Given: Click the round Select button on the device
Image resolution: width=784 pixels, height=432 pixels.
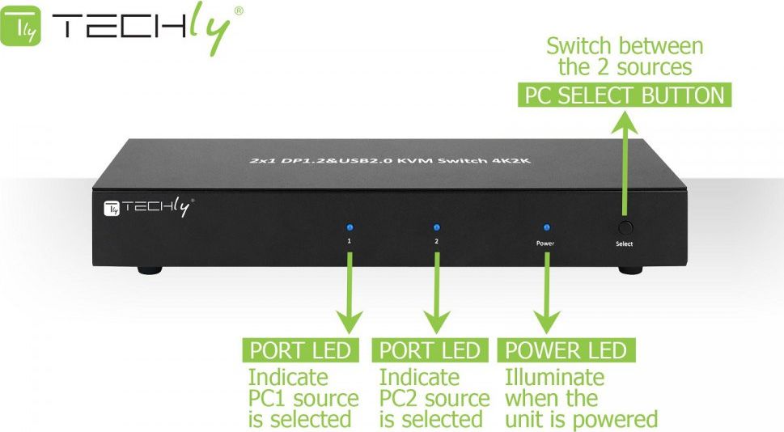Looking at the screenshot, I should pyautogui.click(x=624, y=228).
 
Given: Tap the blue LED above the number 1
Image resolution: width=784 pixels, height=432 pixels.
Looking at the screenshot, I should pyautogui.click(x=350, y=228).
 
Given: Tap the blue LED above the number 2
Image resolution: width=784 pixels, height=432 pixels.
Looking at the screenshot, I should pyautogui.click(x=436, y=228).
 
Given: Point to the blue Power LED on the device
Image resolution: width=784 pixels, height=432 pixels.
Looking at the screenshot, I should pyautogui.click(x=546, y=228).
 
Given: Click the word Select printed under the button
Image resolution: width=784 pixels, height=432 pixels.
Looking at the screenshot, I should pyautogui.click(x=624, y=244).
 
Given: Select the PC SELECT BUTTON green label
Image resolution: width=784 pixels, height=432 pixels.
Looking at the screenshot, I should pyautogui.click(x=624, y=95).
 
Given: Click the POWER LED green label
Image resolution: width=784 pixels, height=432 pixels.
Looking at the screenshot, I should pyautogui.click(x=566, y=350).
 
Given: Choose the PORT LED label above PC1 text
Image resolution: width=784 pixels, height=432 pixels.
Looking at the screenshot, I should pyautogui.click(x=300, y=350).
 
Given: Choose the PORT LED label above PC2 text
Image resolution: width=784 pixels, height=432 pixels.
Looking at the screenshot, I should pyautogui.click(x=430, y=350).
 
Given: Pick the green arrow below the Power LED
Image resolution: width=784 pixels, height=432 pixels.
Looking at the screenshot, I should pyautogui.click(x=547, y=291).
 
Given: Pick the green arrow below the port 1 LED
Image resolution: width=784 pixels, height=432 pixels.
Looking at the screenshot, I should pyautogui.click(x=350, y=291).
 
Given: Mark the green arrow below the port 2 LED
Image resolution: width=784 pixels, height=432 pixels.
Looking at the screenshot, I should pyautogui.click(x=437, y=291).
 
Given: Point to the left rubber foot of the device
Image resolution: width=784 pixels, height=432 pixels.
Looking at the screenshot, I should pyautogui.click(x=148, y=269).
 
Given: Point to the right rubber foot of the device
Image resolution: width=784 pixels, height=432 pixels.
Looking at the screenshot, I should pyautogui.click(x=629, y=269).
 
